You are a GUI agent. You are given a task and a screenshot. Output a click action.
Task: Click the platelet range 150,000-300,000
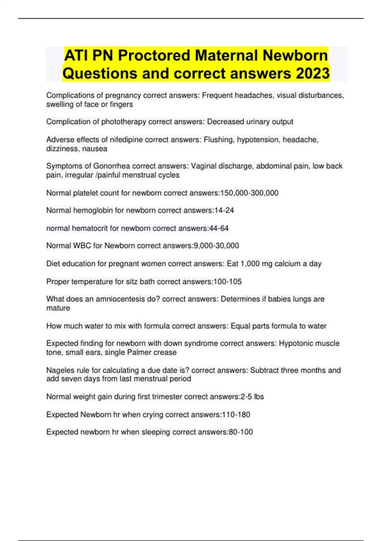249,193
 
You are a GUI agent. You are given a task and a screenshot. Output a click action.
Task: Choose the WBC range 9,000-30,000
216,246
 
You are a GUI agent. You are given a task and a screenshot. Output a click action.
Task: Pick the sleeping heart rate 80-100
241,432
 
